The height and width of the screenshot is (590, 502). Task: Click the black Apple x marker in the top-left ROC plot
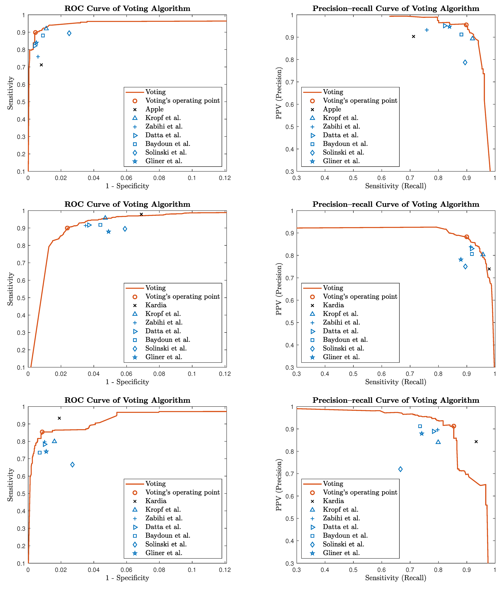coord(41,65)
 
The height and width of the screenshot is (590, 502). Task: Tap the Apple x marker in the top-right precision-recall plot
coord(414,36)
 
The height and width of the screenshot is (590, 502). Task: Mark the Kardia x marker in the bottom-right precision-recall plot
coord(476,442)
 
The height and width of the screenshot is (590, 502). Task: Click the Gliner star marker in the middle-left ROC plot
coord(108,232)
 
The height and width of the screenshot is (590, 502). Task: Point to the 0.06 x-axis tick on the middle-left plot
coord(126,374)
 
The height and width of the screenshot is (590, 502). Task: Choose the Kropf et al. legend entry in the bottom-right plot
coord(340,509)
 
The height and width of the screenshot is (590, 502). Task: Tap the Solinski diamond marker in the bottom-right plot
coord(400,469)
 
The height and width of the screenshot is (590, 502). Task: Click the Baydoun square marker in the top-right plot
coord(461,34)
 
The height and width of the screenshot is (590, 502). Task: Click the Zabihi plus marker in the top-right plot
coord(427,30)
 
